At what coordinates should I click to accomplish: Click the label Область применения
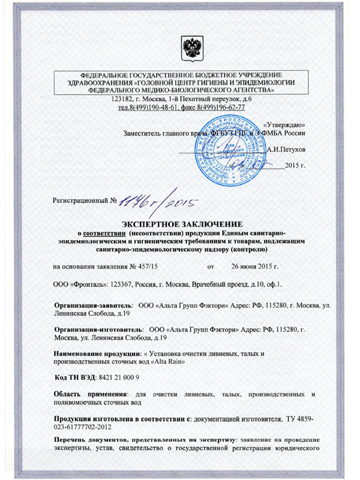coord(91,394)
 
